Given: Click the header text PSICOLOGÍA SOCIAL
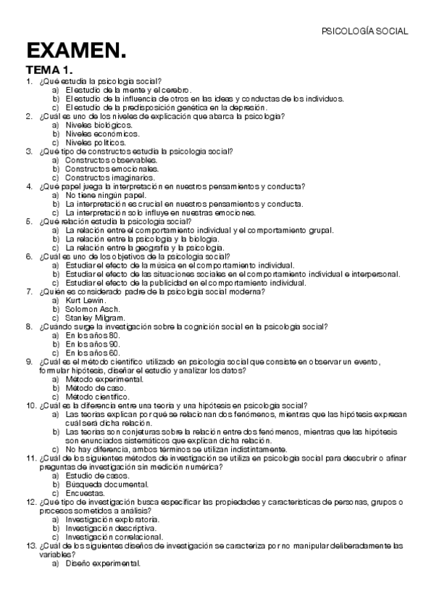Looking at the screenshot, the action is pyautogui.click(x=364, y=31).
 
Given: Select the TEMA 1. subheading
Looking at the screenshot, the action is pyautogui.click(x=50, y=70).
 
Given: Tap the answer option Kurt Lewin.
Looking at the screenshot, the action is pyautogui.click(x=85, y=300).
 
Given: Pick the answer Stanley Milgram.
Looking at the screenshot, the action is pyautogui.click(x=94, y=317).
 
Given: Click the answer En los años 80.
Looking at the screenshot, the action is pyautogui.click(x=92, y=335).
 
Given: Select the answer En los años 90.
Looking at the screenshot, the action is pyautogui.click(x=92, y=344).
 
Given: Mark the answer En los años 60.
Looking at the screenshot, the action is pyautogui.click(x=92, y=352).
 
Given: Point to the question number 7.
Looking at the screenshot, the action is pyautogui.click(x=29, y=291).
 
